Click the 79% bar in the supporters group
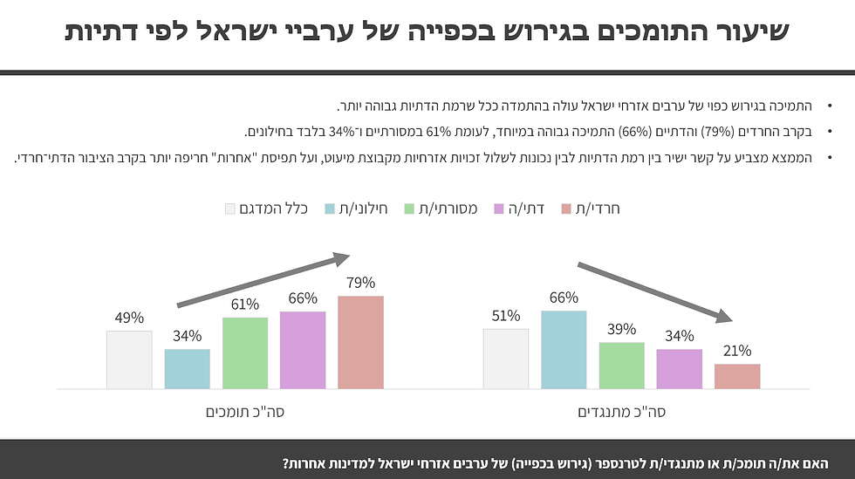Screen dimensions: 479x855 coord(360,342)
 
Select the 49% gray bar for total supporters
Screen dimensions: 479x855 coord(129,359)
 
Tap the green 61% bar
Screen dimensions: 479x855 coord(245,352)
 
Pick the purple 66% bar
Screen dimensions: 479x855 coord(303,350)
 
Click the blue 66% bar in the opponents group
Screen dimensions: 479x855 coord(564,349)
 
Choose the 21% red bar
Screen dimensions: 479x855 coord(737,376)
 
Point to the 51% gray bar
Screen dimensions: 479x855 coord(506,359)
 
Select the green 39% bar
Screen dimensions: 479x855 coord(621,366)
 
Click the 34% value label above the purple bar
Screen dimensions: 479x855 coord(679,336)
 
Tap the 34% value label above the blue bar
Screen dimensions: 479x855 coord(187,336)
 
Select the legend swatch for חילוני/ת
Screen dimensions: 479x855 coord(330,209)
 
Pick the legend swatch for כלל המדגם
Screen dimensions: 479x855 coord(230,209)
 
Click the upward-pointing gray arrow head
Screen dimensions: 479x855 coord(341,257)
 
